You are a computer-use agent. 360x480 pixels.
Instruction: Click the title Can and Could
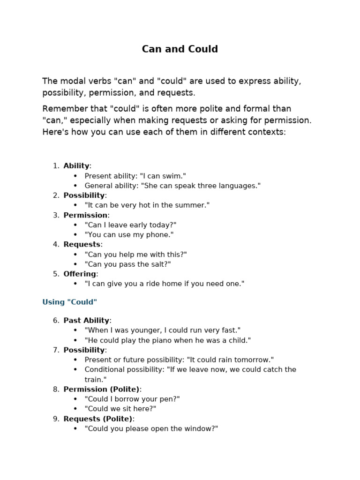pos(180,49)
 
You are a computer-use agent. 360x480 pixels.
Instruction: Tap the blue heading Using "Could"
pos(70,302)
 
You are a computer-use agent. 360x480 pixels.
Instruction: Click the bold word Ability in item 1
pos(76,166)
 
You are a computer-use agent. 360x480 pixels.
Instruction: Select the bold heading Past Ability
pos(86,321)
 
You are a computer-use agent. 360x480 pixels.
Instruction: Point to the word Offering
pos(80,274)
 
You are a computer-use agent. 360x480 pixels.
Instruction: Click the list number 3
pos(56,215)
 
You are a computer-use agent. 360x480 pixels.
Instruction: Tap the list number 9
pos(56,419)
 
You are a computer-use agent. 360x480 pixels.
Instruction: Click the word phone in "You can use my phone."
pos(160,234)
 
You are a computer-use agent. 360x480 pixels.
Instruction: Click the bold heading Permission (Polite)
pos(102,389)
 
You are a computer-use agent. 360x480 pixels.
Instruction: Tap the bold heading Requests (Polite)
pos(98,419)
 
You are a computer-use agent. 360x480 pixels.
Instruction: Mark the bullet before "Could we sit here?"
pos(75,409)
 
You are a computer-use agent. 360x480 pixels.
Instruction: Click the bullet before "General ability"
pos(75,186)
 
